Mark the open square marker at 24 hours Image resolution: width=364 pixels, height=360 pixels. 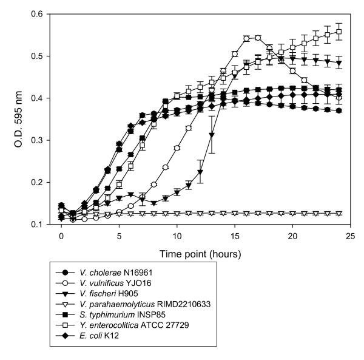coord(339,32)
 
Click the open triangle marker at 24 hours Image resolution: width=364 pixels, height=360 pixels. coord(339,214)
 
